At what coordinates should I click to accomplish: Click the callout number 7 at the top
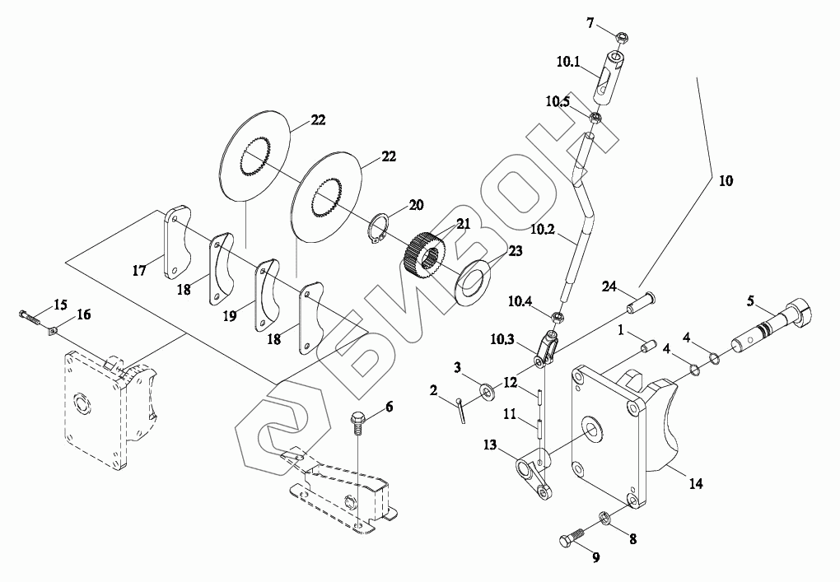click(x=590, y=23)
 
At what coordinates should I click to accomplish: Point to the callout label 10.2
click(x=544, y=230)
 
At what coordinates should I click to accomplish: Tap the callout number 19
click(x=229, y=316)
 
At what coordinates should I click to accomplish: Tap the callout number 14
click(x=695, y=483)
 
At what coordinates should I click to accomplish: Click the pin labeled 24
click(x=642, y=303)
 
